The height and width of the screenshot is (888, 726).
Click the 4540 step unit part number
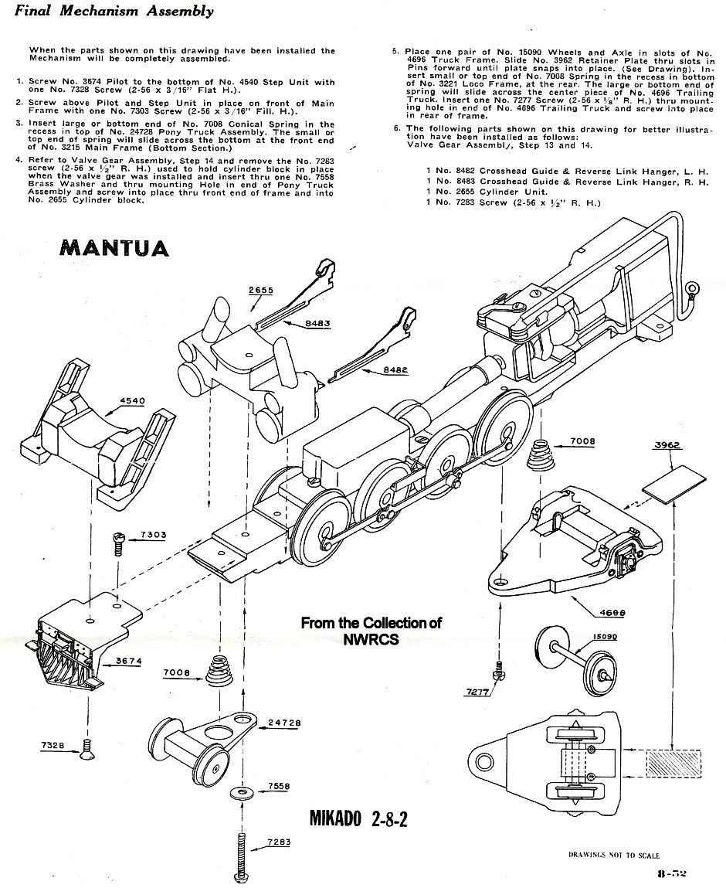(132, 401)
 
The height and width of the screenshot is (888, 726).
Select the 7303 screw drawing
(117, 543)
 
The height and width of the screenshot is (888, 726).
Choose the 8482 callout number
(396, 371)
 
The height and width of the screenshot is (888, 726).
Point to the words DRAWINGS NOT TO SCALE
(614, 856)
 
